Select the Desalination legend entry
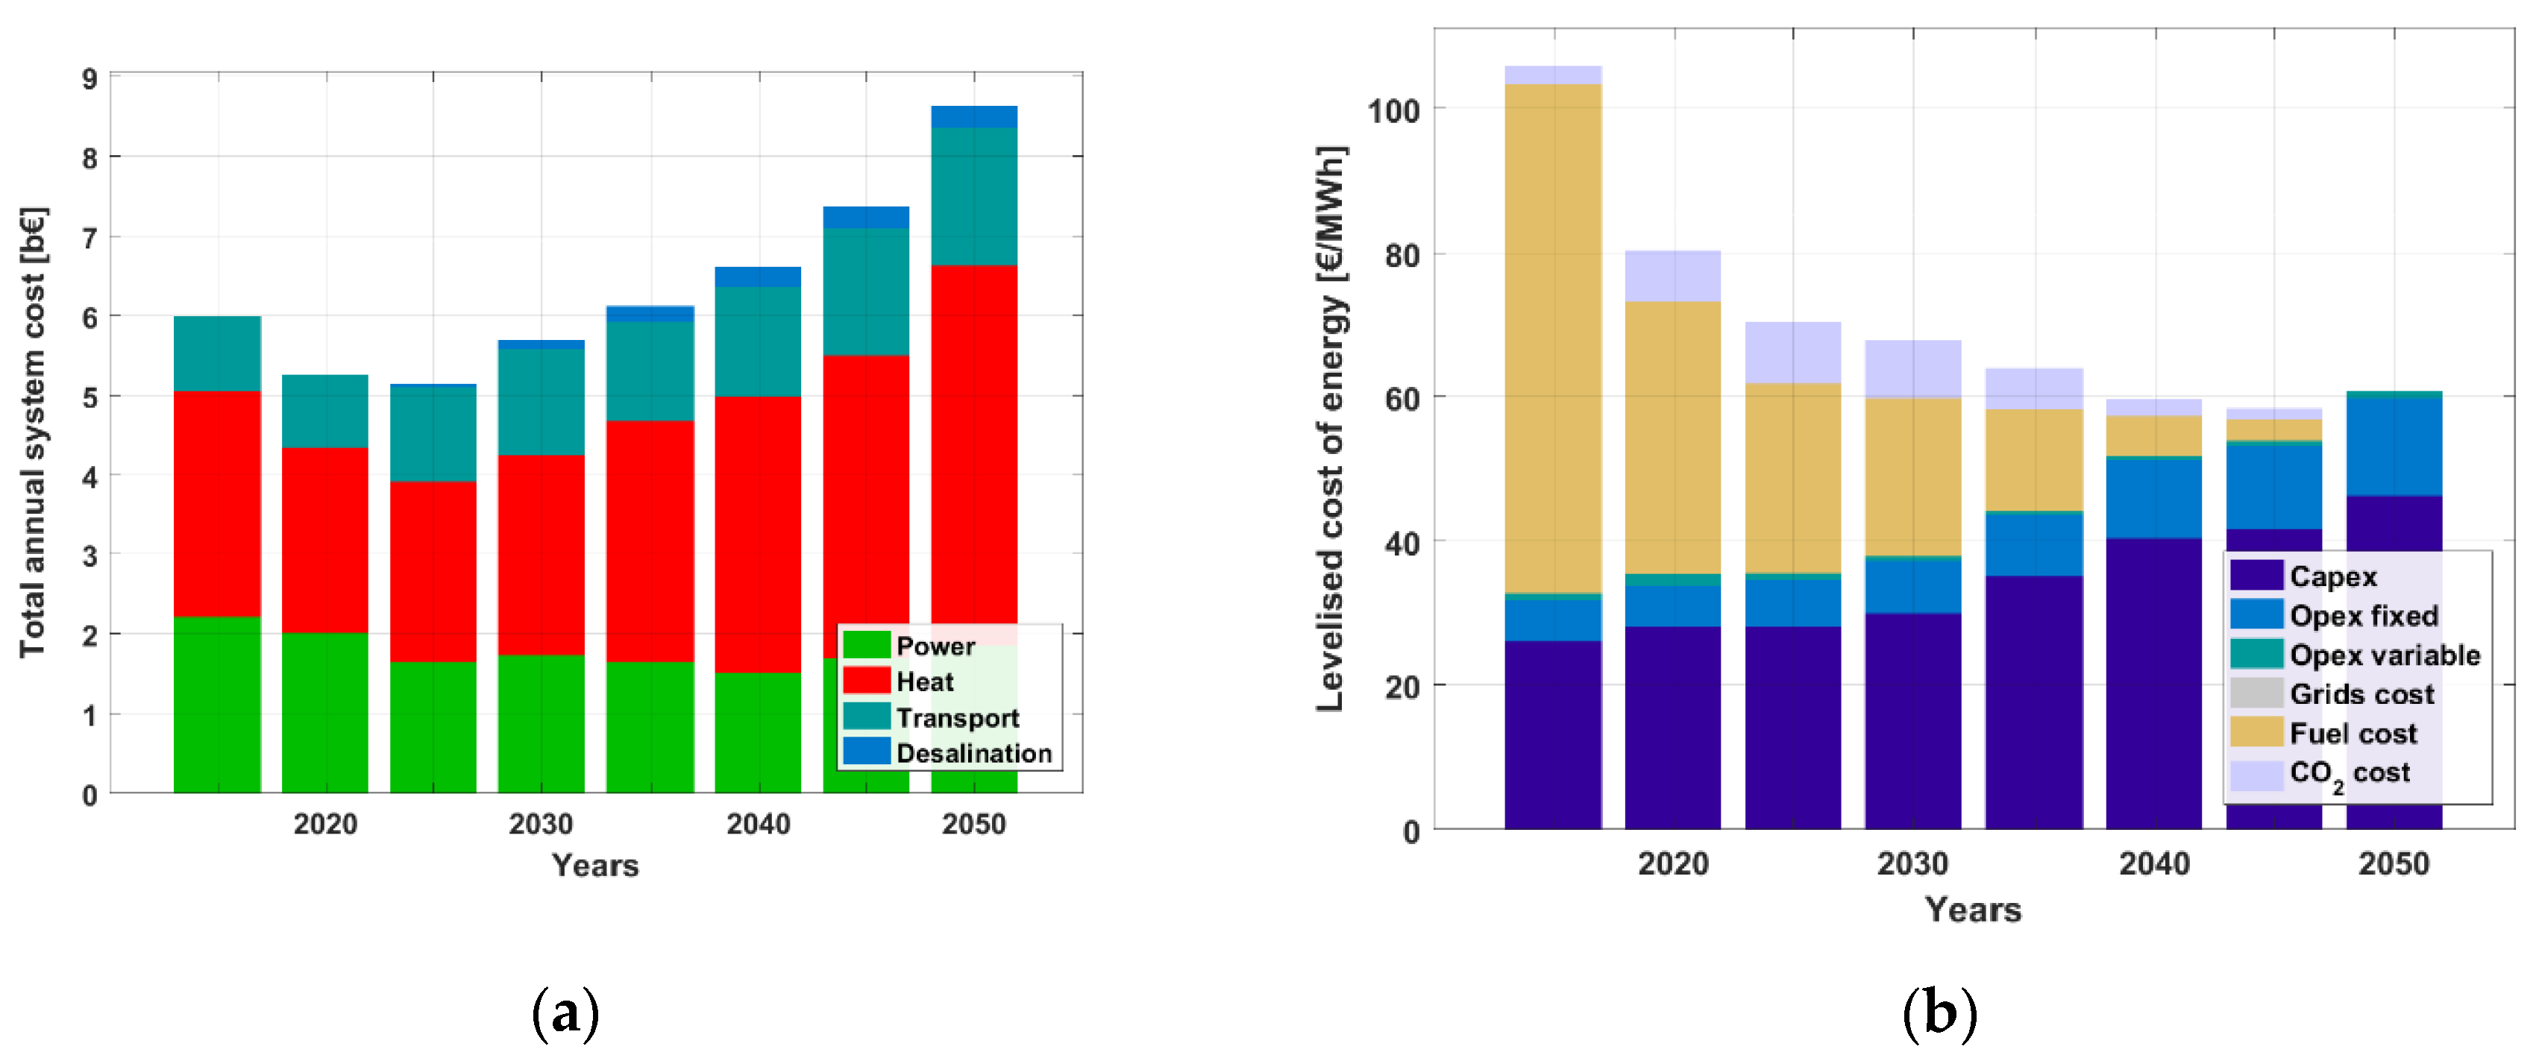coord(973,754)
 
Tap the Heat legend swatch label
coord(923,681)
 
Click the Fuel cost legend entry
coord(2352,734)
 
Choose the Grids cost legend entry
coord(2361,694)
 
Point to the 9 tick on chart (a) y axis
coord(90,79)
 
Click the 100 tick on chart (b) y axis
coord(1393,110)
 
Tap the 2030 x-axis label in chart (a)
coord(540,824)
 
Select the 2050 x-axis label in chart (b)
coord(2393,864)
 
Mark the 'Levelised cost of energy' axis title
coord(1330,429)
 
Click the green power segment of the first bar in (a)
coord(217,705)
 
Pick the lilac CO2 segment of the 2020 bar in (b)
coord(1672,276)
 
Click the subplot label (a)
coord(565,1013)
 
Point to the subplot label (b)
coord(1939,1013)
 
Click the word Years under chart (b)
coord(1972,910)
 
